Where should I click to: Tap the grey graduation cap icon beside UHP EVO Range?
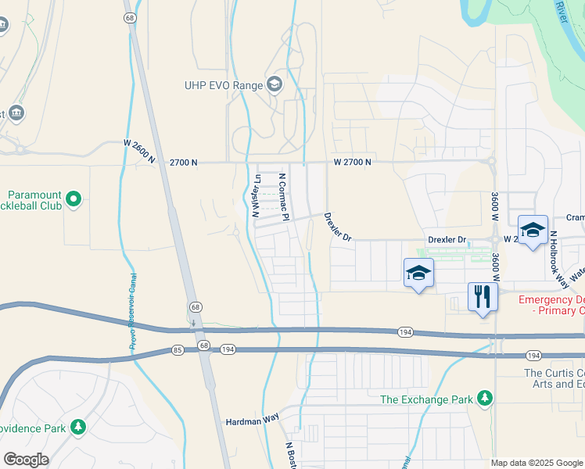(274, 84)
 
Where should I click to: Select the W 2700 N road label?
(352, 162)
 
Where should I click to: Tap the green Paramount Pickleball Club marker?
(74, 199)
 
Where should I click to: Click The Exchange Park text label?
(426, 399)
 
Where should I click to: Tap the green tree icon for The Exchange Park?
(485, 399)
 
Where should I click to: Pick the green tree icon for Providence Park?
(77, 427)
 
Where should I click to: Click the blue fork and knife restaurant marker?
(482, 296)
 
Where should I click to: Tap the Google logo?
(27, 460)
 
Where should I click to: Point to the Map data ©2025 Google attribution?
(537, 463)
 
